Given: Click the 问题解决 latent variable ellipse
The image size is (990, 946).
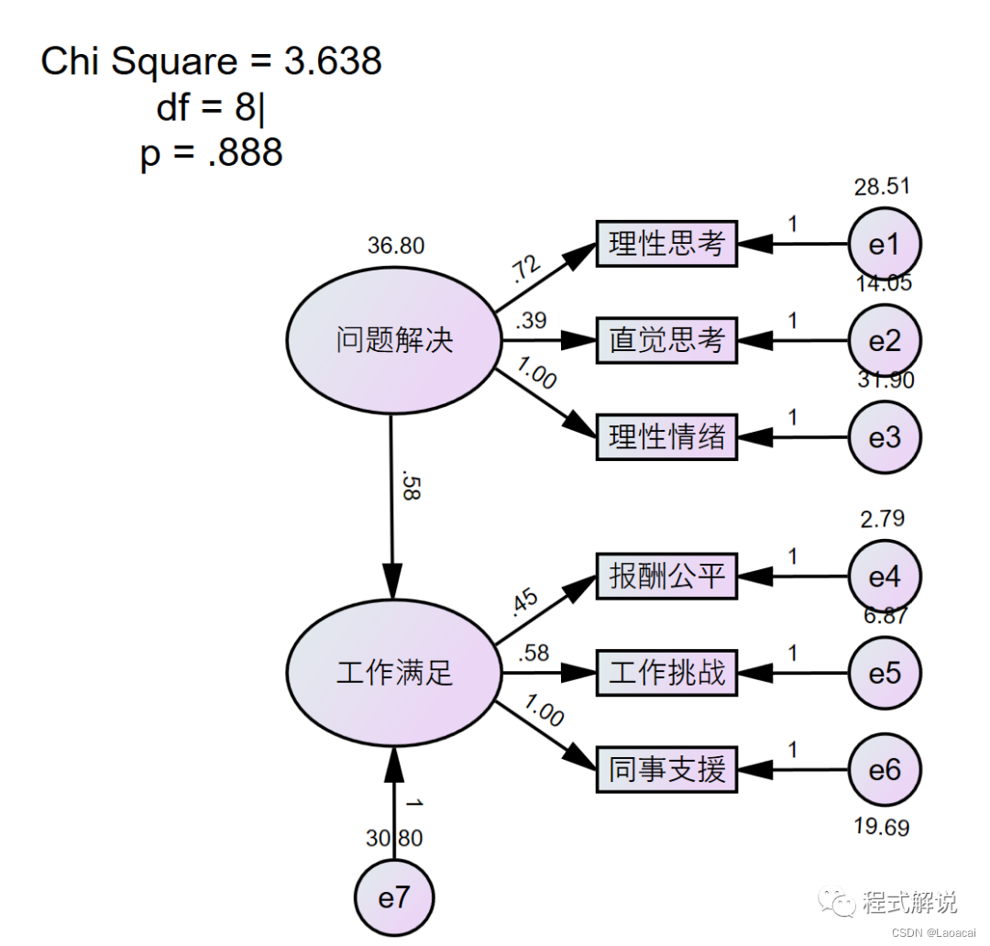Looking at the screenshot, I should [x=394, y=341].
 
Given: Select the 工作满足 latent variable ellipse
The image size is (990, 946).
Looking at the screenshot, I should [x=394, y=674].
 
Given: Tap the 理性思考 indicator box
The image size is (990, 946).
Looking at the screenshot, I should [x=666, y=244].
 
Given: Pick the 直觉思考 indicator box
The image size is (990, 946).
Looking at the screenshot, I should [x=666, y=341].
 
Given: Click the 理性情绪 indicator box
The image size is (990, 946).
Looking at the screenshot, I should [x=666, y=437].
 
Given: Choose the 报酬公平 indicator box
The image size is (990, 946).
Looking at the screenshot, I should [x=666, y=577].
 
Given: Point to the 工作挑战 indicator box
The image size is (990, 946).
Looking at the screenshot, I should [x=666, y=674].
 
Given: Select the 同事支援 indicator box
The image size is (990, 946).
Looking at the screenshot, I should [x=666, y=770].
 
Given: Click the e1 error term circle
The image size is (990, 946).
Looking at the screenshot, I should [x=884, y=244].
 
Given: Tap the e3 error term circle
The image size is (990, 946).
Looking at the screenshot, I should [x=884, y=437].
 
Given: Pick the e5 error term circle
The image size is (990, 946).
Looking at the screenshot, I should [x=884, y=674].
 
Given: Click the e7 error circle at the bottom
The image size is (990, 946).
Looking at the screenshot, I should [x=394, y=898].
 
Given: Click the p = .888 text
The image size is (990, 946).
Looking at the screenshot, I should [x=212, y=153].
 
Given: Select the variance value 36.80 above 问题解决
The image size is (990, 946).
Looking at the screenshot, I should [x=396, y=246].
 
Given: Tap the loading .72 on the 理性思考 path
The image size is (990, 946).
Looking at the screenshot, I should [x=524, y=269].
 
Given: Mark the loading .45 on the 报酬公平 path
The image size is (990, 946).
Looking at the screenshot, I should [x=524, y=602].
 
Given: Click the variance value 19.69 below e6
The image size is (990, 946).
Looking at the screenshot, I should [x=881, y=828].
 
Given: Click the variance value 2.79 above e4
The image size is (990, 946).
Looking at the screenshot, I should [x=882, y=519].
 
